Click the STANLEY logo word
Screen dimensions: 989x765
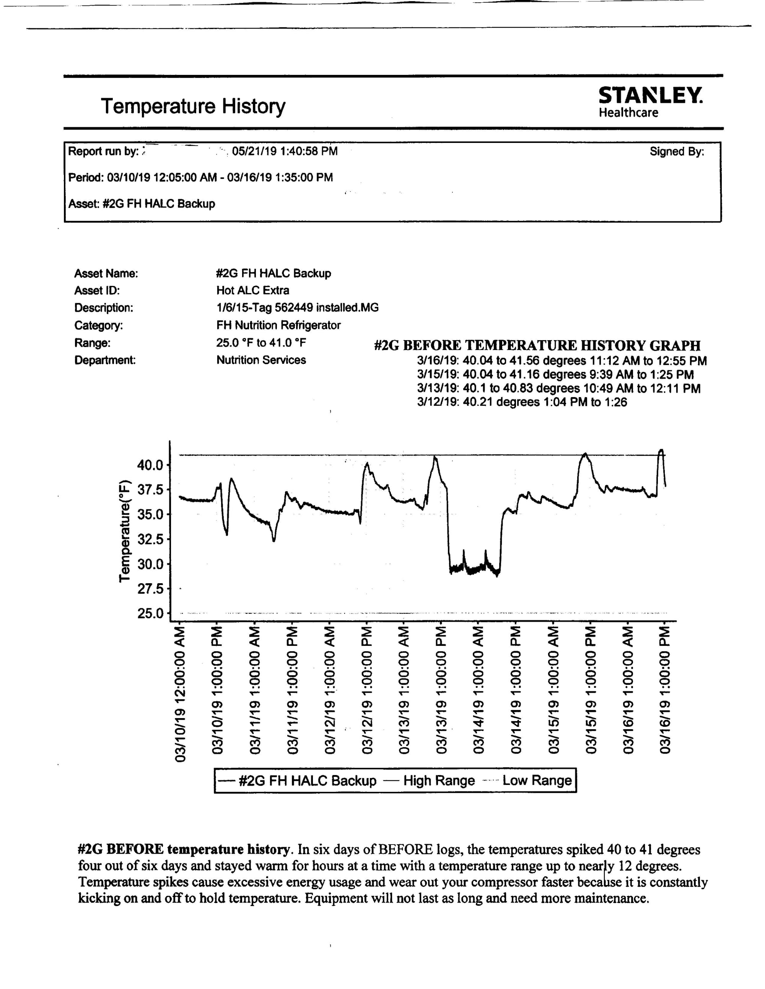point(650,96)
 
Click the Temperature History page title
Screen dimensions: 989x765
point(193,106)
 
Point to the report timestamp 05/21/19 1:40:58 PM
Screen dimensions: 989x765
point(285,151)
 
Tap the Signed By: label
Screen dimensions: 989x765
point(677,152)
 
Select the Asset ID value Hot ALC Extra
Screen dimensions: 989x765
point(252,290)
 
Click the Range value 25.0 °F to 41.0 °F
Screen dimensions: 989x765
point(260,343)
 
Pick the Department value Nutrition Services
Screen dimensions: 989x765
point(260,360)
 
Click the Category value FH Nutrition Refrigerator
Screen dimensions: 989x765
point(278,325)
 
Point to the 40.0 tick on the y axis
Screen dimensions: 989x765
point(150,465)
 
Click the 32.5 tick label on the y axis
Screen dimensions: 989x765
point(150,539)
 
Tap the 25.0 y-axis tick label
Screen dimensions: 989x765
point(150,614)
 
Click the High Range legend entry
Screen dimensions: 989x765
point(438,780)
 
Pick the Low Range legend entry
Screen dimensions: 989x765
point(537,780)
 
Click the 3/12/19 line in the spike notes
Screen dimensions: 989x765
point(522,402)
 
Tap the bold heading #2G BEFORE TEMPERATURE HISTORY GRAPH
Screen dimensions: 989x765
point(537,345)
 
